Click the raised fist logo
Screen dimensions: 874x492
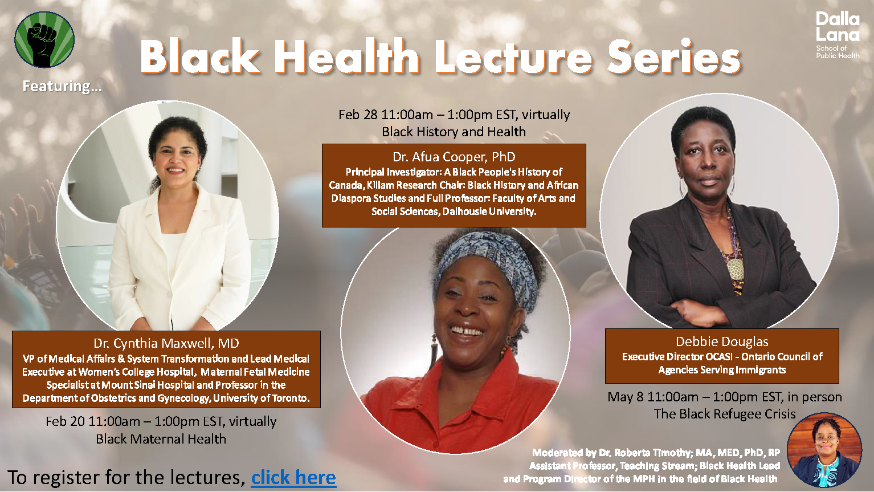pyautogui.click(x=44, y=39)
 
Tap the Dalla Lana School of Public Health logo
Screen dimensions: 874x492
pyautogui.click(x=838, y=35)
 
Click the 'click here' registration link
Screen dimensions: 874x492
pyautogui.click(x=293, y=478)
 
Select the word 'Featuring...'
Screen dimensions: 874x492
pyautogui.click(x=62, y=86)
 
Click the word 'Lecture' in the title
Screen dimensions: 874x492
pyautogui.click(x=514, y=56)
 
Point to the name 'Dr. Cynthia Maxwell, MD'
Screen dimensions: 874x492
pyautogui.click(x=166, y=343)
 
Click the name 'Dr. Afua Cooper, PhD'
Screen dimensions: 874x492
pyautogui.click(x=454, y=157)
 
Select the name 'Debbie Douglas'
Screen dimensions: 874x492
pyautogui.click(x=722, y=341)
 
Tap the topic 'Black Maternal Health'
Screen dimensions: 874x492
pyautogui.click(x=161, y=439)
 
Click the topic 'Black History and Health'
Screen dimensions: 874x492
pyautogui.click(x=454, y=132)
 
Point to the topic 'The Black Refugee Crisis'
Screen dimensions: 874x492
pyautogui.click(x=725, y=414)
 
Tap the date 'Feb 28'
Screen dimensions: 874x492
pyautogui.click(x=358, y=115)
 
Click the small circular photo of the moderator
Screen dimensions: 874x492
pyautogui.click(x=824, y=449)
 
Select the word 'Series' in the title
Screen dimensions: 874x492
pyautogui.click(x=674, y=56)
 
